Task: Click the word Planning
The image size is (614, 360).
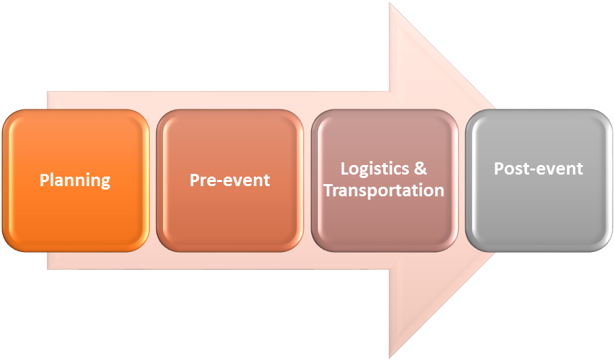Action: [75, 180]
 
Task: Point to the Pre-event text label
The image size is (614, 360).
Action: [230, 180]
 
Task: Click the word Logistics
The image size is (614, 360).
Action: [375, 168]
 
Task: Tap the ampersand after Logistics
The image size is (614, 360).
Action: [421, 168]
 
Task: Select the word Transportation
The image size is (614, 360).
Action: [384, 190]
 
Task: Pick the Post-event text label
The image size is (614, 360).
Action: [539, 168]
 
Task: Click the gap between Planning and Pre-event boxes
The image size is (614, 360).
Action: [153, 180]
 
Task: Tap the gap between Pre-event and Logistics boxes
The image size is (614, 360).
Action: [307, 180]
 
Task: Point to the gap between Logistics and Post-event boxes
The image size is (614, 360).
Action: [462, 180]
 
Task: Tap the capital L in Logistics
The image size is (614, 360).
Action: [344, 168]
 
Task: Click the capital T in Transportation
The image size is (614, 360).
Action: [328, 190]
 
